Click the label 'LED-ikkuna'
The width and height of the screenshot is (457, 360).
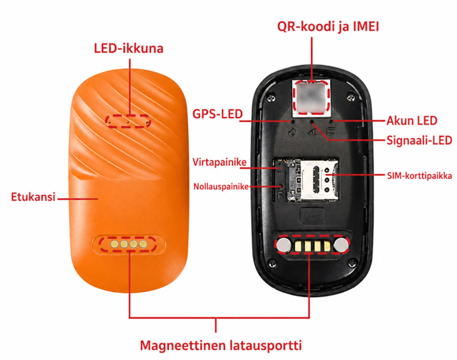[129, 48]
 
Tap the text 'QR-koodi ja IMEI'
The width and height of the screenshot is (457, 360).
[328, 26]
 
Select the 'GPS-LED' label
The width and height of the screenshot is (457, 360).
[218, 114]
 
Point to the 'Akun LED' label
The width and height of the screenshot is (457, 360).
[412, 121]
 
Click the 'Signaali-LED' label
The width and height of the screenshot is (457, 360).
[419, 141]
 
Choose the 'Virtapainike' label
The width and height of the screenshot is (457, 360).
[219, 162]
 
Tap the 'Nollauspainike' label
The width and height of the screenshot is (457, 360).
[221, 186]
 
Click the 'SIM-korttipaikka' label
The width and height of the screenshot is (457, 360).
[419, 176]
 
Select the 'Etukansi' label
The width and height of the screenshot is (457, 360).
[33, 197]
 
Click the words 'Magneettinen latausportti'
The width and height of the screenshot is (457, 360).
[221, 345]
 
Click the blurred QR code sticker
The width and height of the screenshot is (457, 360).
[312, 97]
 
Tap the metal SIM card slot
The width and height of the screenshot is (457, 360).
[319, 180]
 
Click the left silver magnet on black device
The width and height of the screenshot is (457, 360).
[284, 245]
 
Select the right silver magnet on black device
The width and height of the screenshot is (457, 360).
[341, 245]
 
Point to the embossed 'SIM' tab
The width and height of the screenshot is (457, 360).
[312, 217]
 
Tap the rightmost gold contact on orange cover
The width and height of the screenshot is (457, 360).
[143, 244]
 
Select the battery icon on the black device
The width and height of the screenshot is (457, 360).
[331, 131]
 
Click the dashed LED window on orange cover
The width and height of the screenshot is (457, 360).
[128, 121]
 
